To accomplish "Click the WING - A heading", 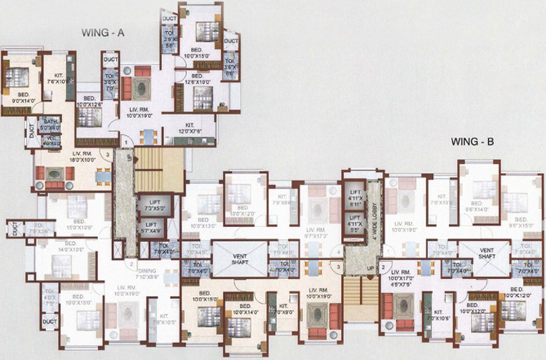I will pyautogui.click(x=103, y=33).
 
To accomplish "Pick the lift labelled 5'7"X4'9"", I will pyautogui.click(x=151, y=227).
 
